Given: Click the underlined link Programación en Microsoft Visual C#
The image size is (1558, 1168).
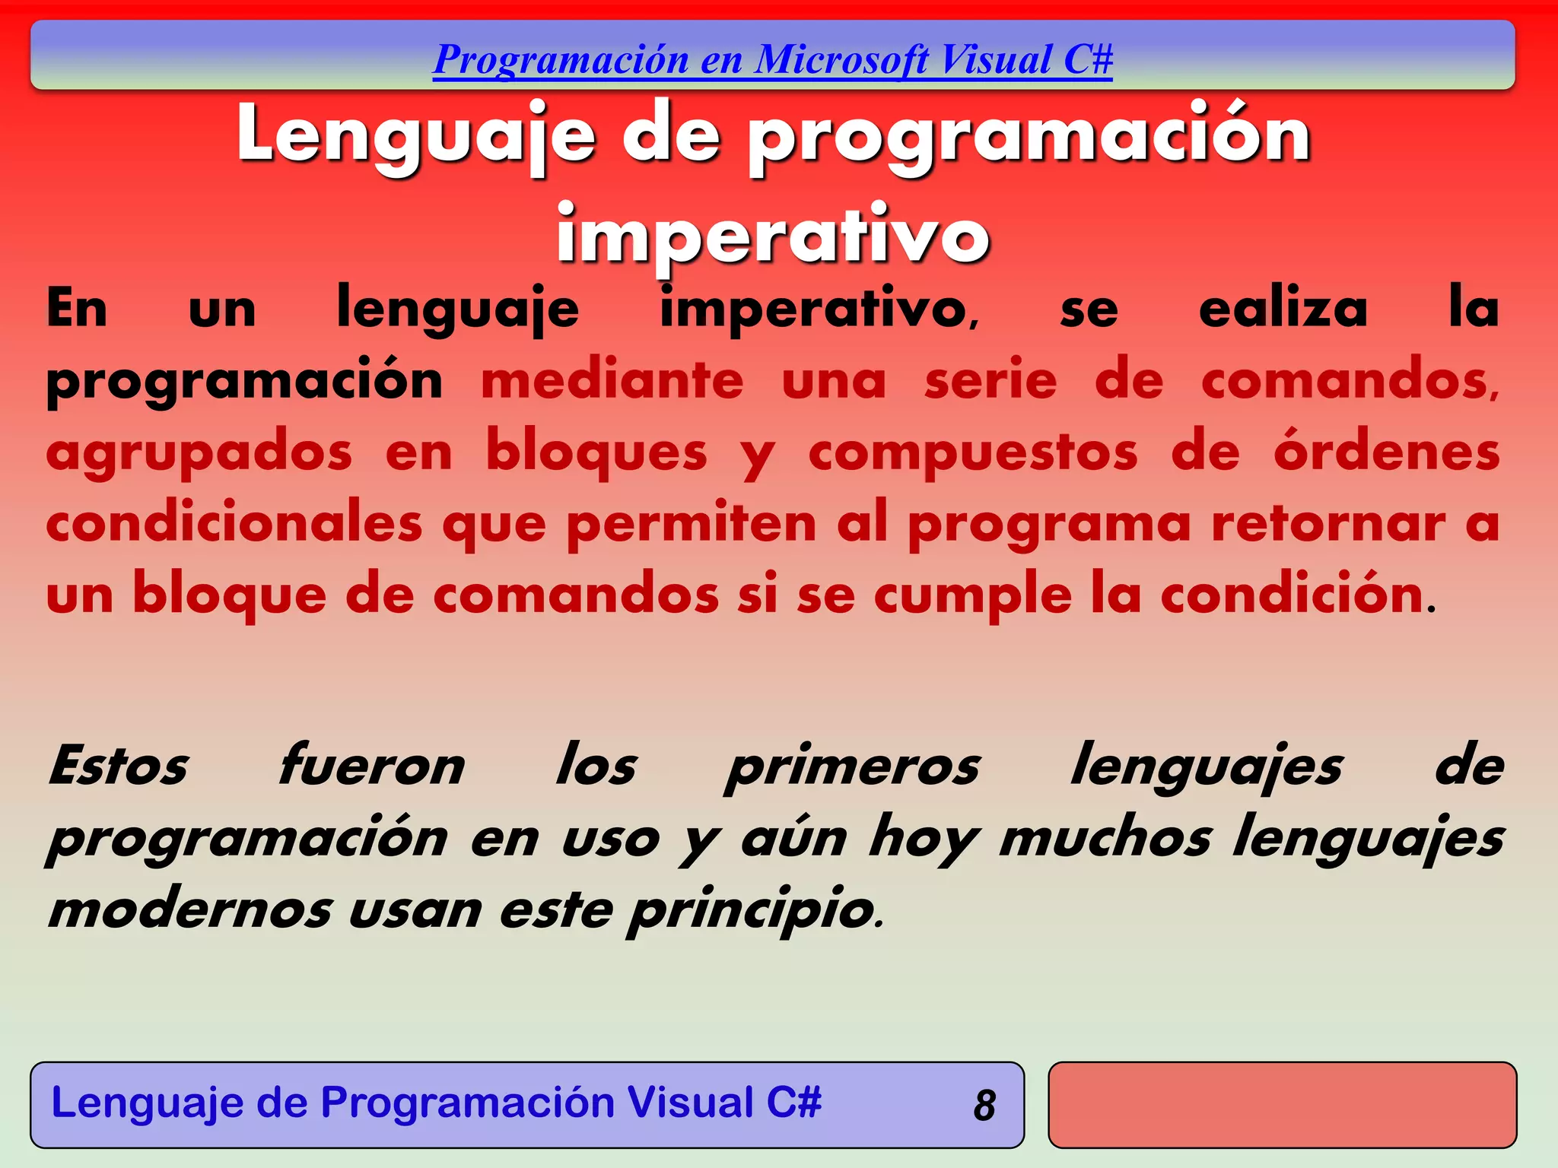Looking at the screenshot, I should [x=772, y=60].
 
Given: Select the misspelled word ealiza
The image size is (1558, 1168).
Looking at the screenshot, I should [x=1283, y=309].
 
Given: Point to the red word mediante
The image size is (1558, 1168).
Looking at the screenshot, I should [x=612, y=380].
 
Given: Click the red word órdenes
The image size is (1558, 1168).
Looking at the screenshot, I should [x=1387, y=452].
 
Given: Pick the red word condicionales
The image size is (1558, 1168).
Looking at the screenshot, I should [x=234, y=524].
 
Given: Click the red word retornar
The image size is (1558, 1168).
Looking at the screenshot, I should [x=1328, y=524].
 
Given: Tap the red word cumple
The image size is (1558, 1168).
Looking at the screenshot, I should [x=972, y=595].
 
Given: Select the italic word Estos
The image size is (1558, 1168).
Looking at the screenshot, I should [x=118, y=766].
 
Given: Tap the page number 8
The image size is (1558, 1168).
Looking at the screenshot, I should [x=984, y=1106].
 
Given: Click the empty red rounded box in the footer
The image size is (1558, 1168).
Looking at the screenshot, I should [x=1282, y=1105].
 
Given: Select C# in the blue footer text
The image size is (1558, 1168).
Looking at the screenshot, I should [x=793, y=1103].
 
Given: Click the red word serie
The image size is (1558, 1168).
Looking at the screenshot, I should [x=990, y=380].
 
